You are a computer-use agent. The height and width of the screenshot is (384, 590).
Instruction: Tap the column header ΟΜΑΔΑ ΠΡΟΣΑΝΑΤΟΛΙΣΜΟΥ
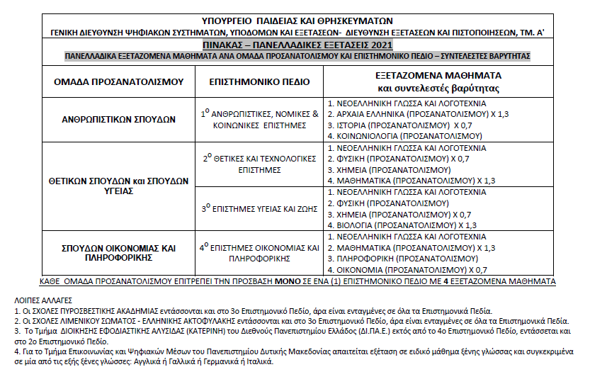point(118,82)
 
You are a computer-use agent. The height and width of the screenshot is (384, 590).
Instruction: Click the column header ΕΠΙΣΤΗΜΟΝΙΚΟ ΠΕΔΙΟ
point(260,82)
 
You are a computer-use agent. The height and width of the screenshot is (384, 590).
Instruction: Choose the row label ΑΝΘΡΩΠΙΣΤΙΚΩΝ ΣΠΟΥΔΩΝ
point(118,119)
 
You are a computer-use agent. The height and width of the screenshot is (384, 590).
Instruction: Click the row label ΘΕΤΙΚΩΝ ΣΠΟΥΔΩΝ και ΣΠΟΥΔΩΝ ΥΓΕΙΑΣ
point(118,186)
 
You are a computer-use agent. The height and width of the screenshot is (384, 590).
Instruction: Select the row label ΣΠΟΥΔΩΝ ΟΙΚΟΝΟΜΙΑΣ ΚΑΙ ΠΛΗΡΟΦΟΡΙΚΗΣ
point(118,253)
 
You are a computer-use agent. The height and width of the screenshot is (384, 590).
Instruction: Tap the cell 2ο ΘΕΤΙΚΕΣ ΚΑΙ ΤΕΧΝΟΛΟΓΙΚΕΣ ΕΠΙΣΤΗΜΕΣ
point(260,164)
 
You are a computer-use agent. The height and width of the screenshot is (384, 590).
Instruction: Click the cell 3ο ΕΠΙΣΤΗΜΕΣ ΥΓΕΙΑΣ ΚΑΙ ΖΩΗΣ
point(260,208)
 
